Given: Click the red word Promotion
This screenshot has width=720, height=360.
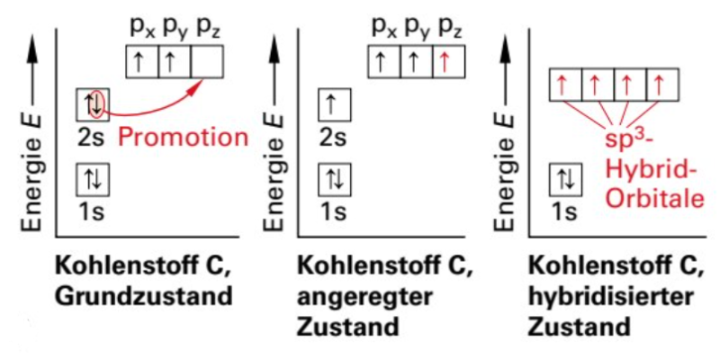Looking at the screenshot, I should pos(183,137).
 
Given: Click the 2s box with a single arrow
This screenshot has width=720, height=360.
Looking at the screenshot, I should pos(334,105).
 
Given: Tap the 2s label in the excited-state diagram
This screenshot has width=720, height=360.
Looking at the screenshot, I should pos(334,138).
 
